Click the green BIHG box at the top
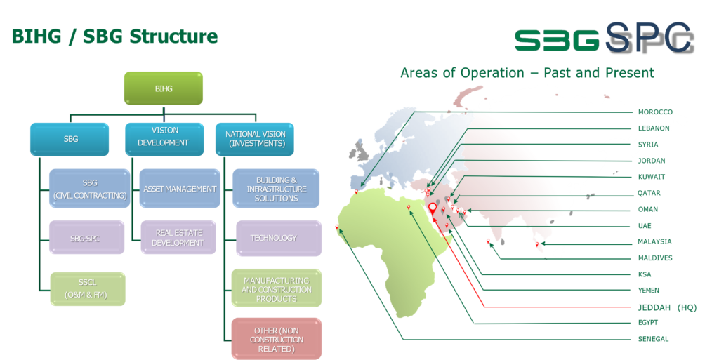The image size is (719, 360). click(163, 88)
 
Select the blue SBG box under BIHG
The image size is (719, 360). click(70, 139)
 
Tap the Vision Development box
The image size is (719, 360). click(164, 139)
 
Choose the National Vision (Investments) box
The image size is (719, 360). click(254, 139)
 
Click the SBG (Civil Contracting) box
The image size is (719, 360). click(90, 189)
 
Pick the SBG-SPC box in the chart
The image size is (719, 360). click(86, 238)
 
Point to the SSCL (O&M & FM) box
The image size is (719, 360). click(87, 289)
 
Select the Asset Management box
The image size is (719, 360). click(180, 189)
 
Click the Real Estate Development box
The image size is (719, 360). click(178, 238)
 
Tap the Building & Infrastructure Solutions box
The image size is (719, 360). click(276, 189)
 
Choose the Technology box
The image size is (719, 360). click(278, 238)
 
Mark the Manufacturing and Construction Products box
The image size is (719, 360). click(276, 288)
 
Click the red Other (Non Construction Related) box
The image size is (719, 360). click(276, 339)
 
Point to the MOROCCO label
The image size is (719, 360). click(655, 112)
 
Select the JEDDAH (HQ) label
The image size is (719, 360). click(667, 307)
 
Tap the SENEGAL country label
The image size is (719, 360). click(654, 340)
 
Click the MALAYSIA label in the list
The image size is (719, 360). click(655, 242)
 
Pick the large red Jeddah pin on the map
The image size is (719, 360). click(433, 210)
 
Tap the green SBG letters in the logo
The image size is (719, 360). click(556, 40)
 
